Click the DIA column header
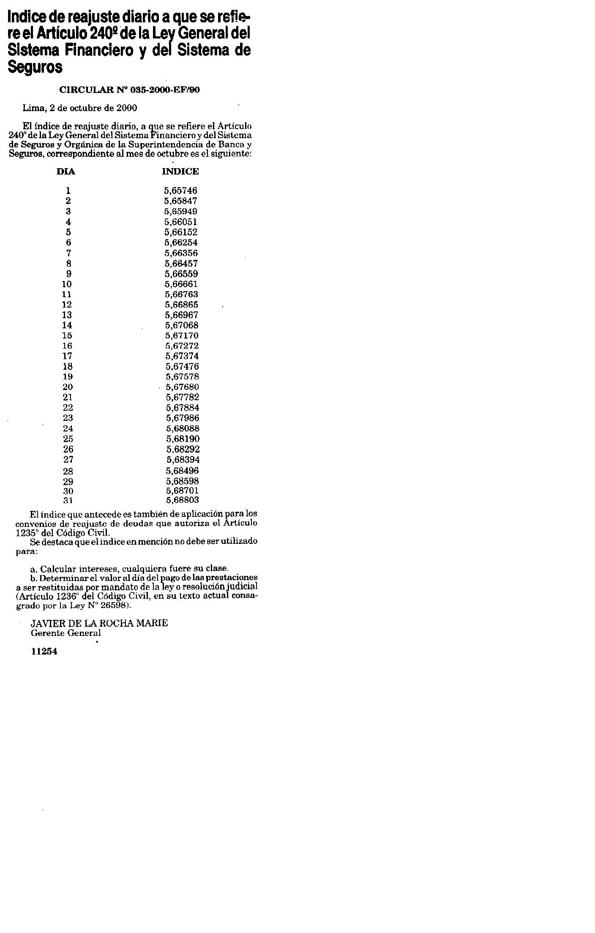(x=66, y=172)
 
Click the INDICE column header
(x=180, y=172)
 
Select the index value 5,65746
(x=181, y=191)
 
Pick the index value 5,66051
(x=181, y=222)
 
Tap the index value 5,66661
(x=181, y=284)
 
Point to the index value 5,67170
(x=182, y=336)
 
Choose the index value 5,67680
(x=182, y=387)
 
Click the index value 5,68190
(x=183, y=439)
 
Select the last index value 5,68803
(x=183, y=500)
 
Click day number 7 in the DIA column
(x=68, y=253)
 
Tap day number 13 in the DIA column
(x=67, y=315)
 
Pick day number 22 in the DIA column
(x=68, y=408)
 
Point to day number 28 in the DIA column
(x=68, y=471)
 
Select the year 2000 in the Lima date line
(x=126, y=108)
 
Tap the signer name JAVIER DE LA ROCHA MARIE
(x=99, y=623)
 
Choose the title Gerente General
(x=66, y=633)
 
